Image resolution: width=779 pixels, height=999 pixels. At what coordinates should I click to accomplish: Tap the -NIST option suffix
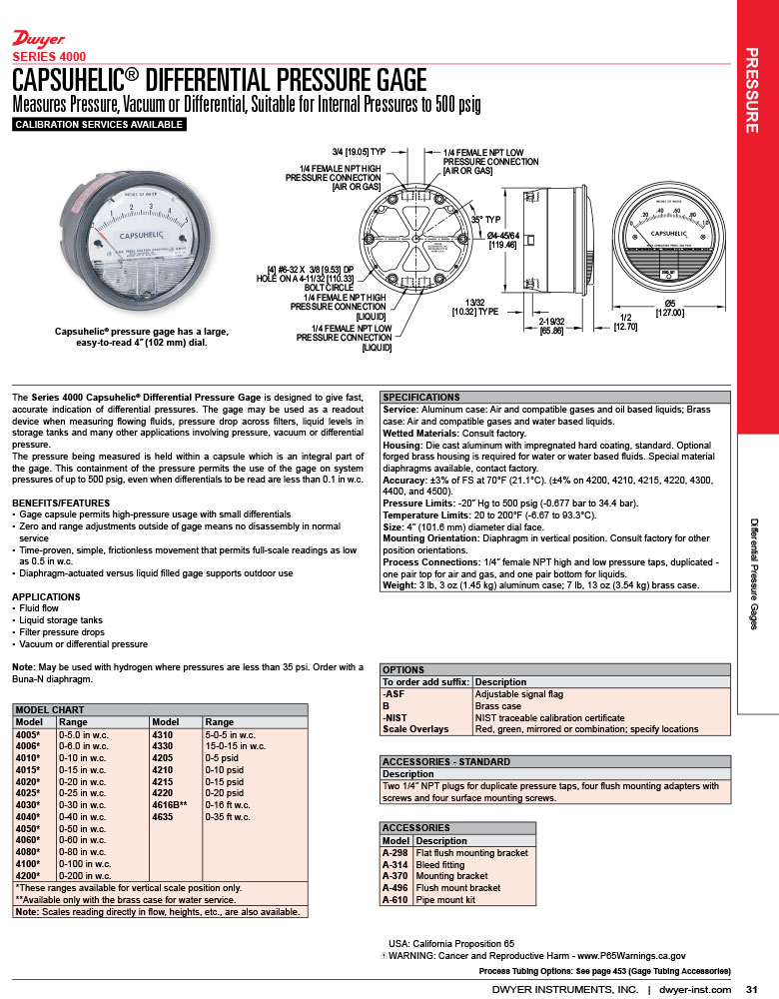[x=396, y=717]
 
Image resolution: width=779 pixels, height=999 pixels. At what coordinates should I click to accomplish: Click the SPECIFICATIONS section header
[x=422, y=397]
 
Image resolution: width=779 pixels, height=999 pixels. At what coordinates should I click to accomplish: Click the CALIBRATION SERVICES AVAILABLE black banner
[x=99, y=125]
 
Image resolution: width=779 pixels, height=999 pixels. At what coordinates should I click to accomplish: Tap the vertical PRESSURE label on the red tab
[x=757, y=90]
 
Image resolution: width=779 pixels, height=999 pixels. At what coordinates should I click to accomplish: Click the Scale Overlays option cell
[x=415, y=729]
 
